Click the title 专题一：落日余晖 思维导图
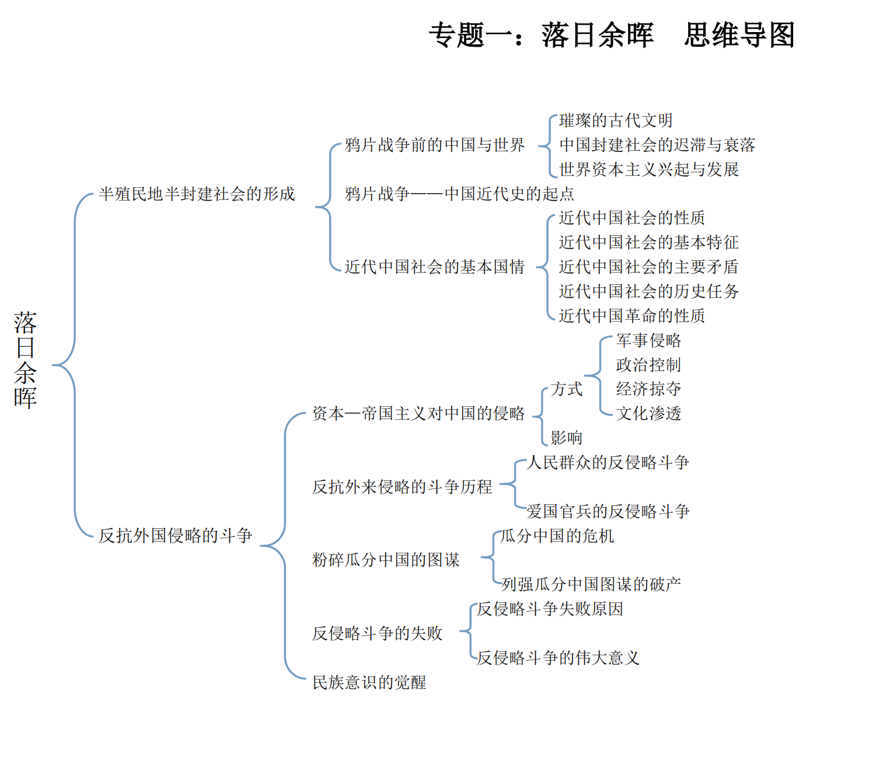tap(612, 35)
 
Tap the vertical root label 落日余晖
tap(26, 360)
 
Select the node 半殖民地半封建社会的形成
tap(197, 194)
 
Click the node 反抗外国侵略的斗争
tap(175, 535)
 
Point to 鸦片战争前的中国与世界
tap(435, 145)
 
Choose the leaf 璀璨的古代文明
tap(616, 120)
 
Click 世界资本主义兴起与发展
tap(649, 169)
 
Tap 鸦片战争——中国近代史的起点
tap(459, 194)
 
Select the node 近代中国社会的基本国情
tap(435, 267)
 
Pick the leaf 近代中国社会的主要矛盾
tap(649, 267)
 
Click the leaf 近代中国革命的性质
tap(632, 316)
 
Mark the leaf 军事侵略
tap(648, 340)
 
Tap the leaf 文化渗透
tap(648, 413)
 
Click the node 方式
tap(567, 389)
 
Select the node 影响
tap(567, 438)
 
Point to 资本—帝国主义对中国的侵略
tap(418, 413)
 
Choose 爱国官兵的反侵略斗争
tap(608, 511)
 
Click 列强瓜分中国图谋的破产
tap(591, 584)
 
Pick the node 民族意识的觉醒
tap(369, 682)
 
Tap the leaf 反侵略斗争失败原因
tap(550, 609)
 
